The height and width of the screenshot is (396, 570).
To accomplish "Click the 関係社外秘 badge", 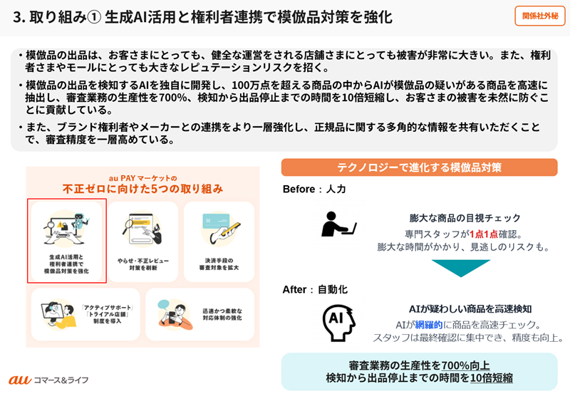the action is pyautogui.click(x=540, y=16).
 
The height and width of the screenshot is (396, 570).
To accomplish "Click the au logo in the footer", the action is pyautogui.click(x=20, y=380).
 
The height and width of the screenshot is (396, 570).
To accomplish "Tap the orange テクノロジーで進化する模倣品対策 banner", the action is pyautogui.click(x=419, y=167).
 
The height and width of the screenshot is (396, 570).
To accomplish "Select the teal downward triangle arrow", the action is pyautogui.click(x=461, y=268).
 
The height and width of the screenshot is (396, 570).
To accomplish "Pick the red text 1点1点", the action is pyautogui.click(x=484, y=234).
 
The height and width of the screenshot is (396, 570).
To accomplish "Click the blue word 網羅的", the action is pyautogui.click(x=429, y=325).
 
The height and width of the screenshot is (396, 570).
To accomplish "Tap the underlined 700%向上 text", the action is pyautogui.click(x=465, y=365).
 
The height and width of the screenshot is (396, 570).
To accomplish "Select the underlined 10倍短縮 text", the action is pyautogui.click(x=492, y=377).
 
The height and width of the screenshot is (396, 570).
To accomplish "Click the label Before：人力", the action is pyautogui.click(x=314, y=189).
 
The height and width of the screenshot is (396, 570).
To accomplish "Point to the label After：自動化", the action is pyautogui.click(x=315, y=290).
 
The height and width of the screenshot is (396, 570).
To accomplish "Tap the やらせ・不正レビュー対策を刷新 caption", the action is pyautogui.click(x=143, y=264).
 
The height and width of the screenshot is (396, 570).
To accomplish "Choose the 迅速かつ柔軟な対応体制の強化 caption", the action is pyautogui.click(x=222, y=314).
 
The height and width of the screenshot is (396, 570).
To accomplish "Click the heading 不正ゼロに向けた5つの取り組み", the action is pyautogui.click(x=142, y=189).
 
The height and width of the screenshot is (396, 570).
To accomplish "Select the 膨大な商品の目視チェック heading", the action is pyautogui.click(x=465, y=218).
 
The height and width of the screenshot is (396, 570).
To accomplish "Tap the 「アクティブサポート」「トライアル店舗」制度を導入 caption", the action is pyautogui.click(x=107, y=314).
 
